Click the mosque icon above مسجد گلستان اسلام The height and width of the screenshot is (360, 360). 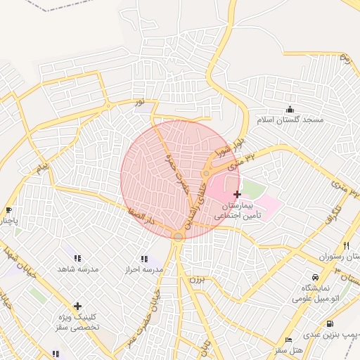(x=290, y=109)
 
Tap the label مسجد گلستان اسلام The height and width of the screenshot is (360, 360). (x=290, y=120)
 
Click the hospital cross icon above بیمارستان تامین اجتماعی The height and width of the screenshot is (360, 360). (x=237, y=193)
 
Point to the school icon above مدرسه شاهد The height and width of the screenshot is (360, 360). (x=77, y=258)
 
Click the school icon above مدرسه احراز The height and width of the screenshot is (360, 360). (x=144, y=259)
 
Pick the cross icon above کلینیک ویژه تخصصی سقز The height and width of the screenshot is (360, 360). (x=77, y=306)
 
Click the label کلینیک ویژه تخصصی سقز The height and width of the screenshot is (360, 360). (x=77, y=322)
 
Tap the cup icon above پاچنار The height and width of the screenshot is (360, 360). (x=8, y=210)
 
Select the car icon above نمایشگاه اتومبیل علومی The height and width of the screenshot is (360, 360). (x=314, y=277)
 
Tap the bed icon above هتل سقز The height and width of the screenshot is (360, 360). (x=288, y=340)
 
